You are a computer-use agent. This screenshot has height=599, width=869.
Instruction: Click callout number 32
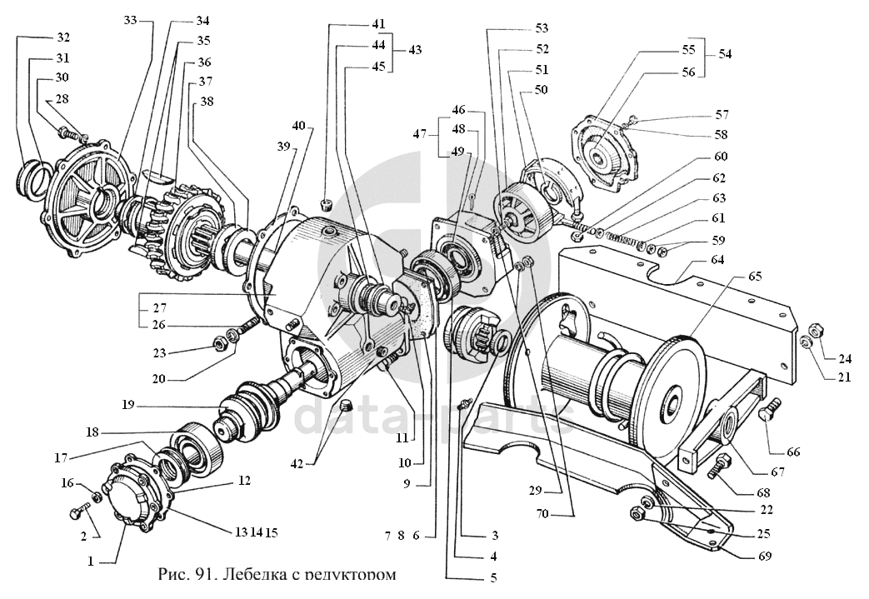pos(63,38)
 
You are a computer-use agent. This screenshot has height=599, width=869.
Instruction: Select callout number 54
pos(725,54)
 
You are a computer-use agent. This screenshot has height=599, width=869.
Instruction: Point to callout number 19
pos(127,406)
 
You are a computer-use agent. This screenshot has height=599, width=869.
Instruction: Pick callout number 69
pos(765,556)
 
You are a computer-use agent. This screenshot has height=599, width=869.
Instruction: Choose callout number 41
pos(380,23)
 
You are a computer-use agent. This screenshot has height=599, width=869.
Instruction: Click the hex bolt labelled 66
pos(771,414)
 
